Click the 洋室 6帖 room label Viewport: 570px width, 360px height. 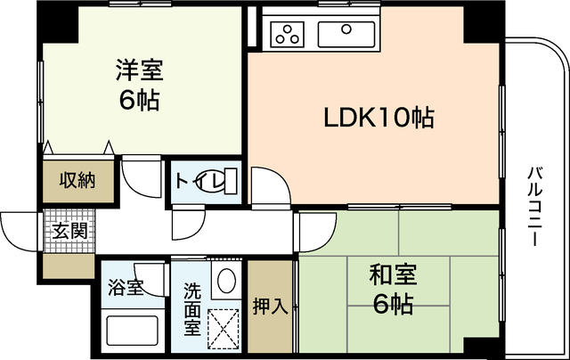coord(140,85)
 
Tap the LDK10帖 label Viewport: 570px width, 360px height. coord(379,118)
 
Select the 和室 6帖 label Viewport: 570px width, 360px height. coord(394,290)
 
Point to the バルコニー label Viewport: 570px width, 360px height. coord(535,206)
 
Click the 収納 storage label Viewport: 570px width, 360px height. coord(77,180)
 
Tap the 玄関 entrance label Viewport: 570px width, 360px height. coord(69,231)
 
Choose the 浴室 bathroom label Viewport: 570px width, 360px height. coord(126,287)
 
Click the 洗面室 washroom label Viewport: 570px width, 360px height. coord(192,309)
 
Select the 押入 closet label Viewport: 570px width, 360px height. coord(271,307)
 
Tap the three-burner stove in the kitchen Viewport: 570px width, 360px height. coord(288,34)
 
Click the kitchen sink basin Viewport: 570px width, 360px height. coord(346,34)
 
